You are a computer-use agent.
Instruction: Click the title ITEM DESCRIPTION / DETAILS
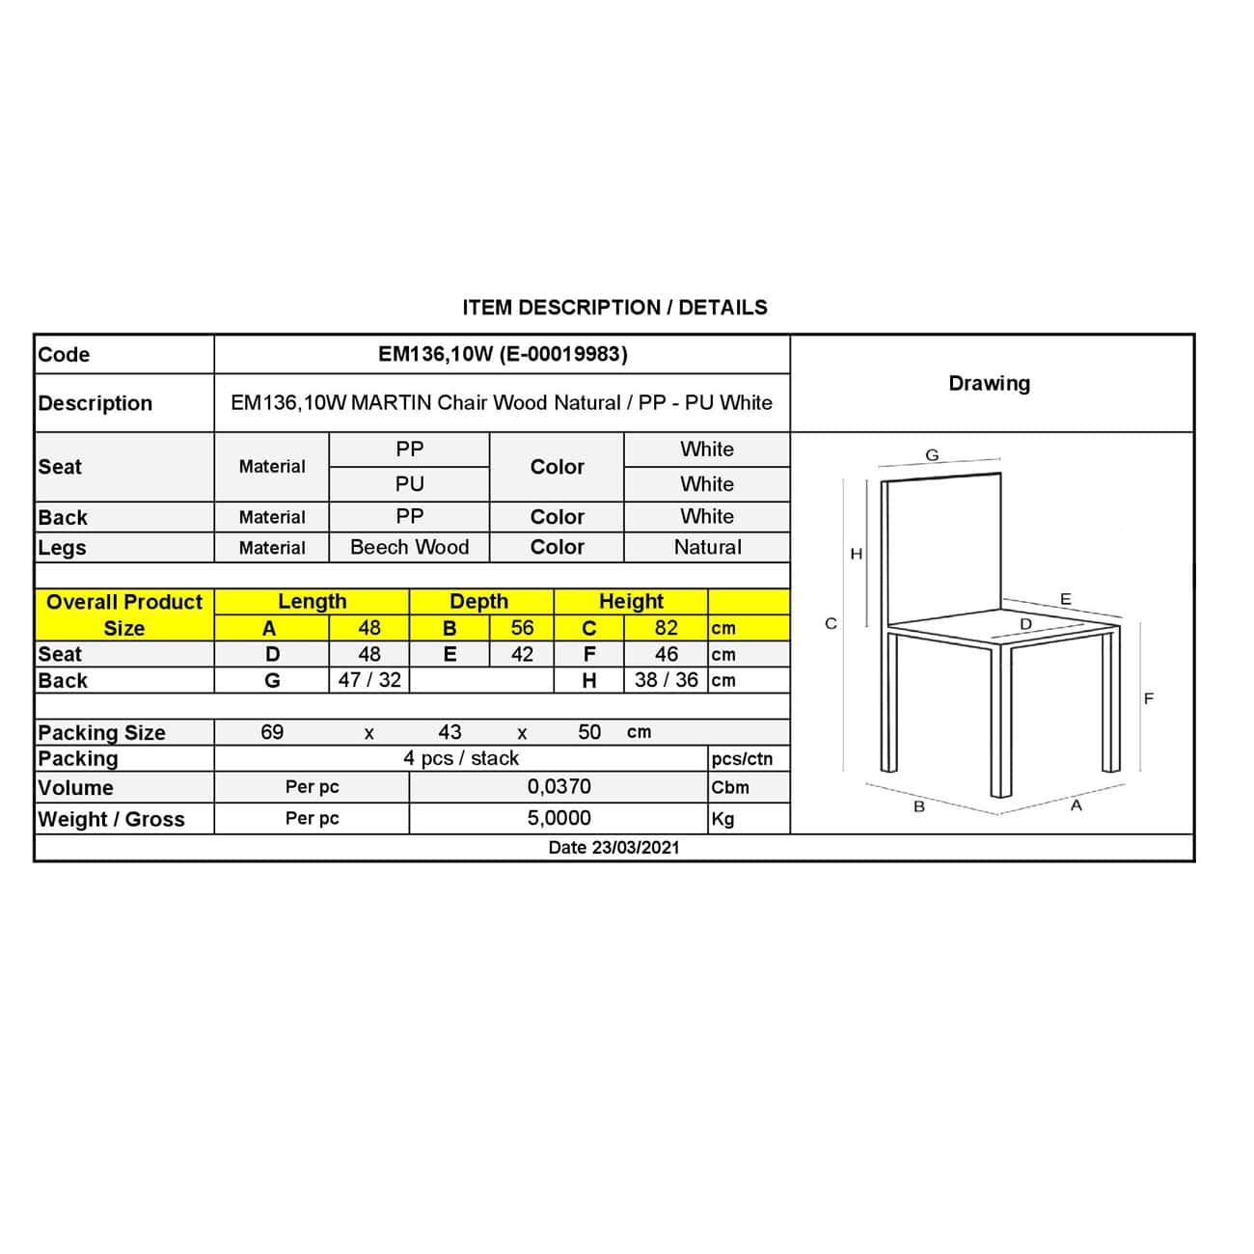(614, 308)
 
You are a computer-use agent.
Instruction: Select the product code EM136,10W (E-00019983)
(503, 354)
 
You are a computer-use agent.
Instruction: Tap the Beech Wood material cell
(409, 547)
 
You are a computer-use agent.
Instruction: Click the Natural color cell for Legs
(707, 547)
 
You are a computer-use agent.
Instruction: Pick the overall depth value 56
(522, 628)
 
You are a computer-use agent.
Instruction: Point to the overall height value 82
(666, 628)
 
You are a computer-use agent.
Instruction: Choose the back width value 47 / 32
(369, 680)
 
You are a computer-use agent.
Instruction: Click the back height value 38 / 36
(666, 680)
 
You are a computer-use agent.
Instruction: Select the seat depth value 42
(522, 654)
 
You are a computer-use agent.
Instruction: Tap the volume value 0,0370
(559, 787)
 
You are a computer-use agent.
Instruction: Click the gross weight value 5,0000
(559, 818)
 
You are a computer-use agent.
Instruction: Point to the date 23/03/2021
(613, 848)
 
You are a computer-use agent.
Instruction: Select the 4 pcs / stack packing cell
(461, 758)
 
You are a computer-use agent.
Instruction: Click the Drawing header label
(989, 384)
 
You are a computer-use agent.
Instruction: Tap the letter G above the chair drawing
(932, 455)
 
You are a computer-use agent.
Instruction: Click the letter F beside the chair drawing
(1148, 698)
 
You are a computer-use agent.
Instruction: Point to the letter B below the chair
(919, 806)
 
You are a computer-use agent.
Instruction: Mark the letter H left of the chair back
(856, 554)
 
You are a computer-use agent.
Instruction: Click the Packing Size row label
(101, 732)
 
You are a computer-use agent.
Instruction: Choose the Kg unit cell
(722, 819)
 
